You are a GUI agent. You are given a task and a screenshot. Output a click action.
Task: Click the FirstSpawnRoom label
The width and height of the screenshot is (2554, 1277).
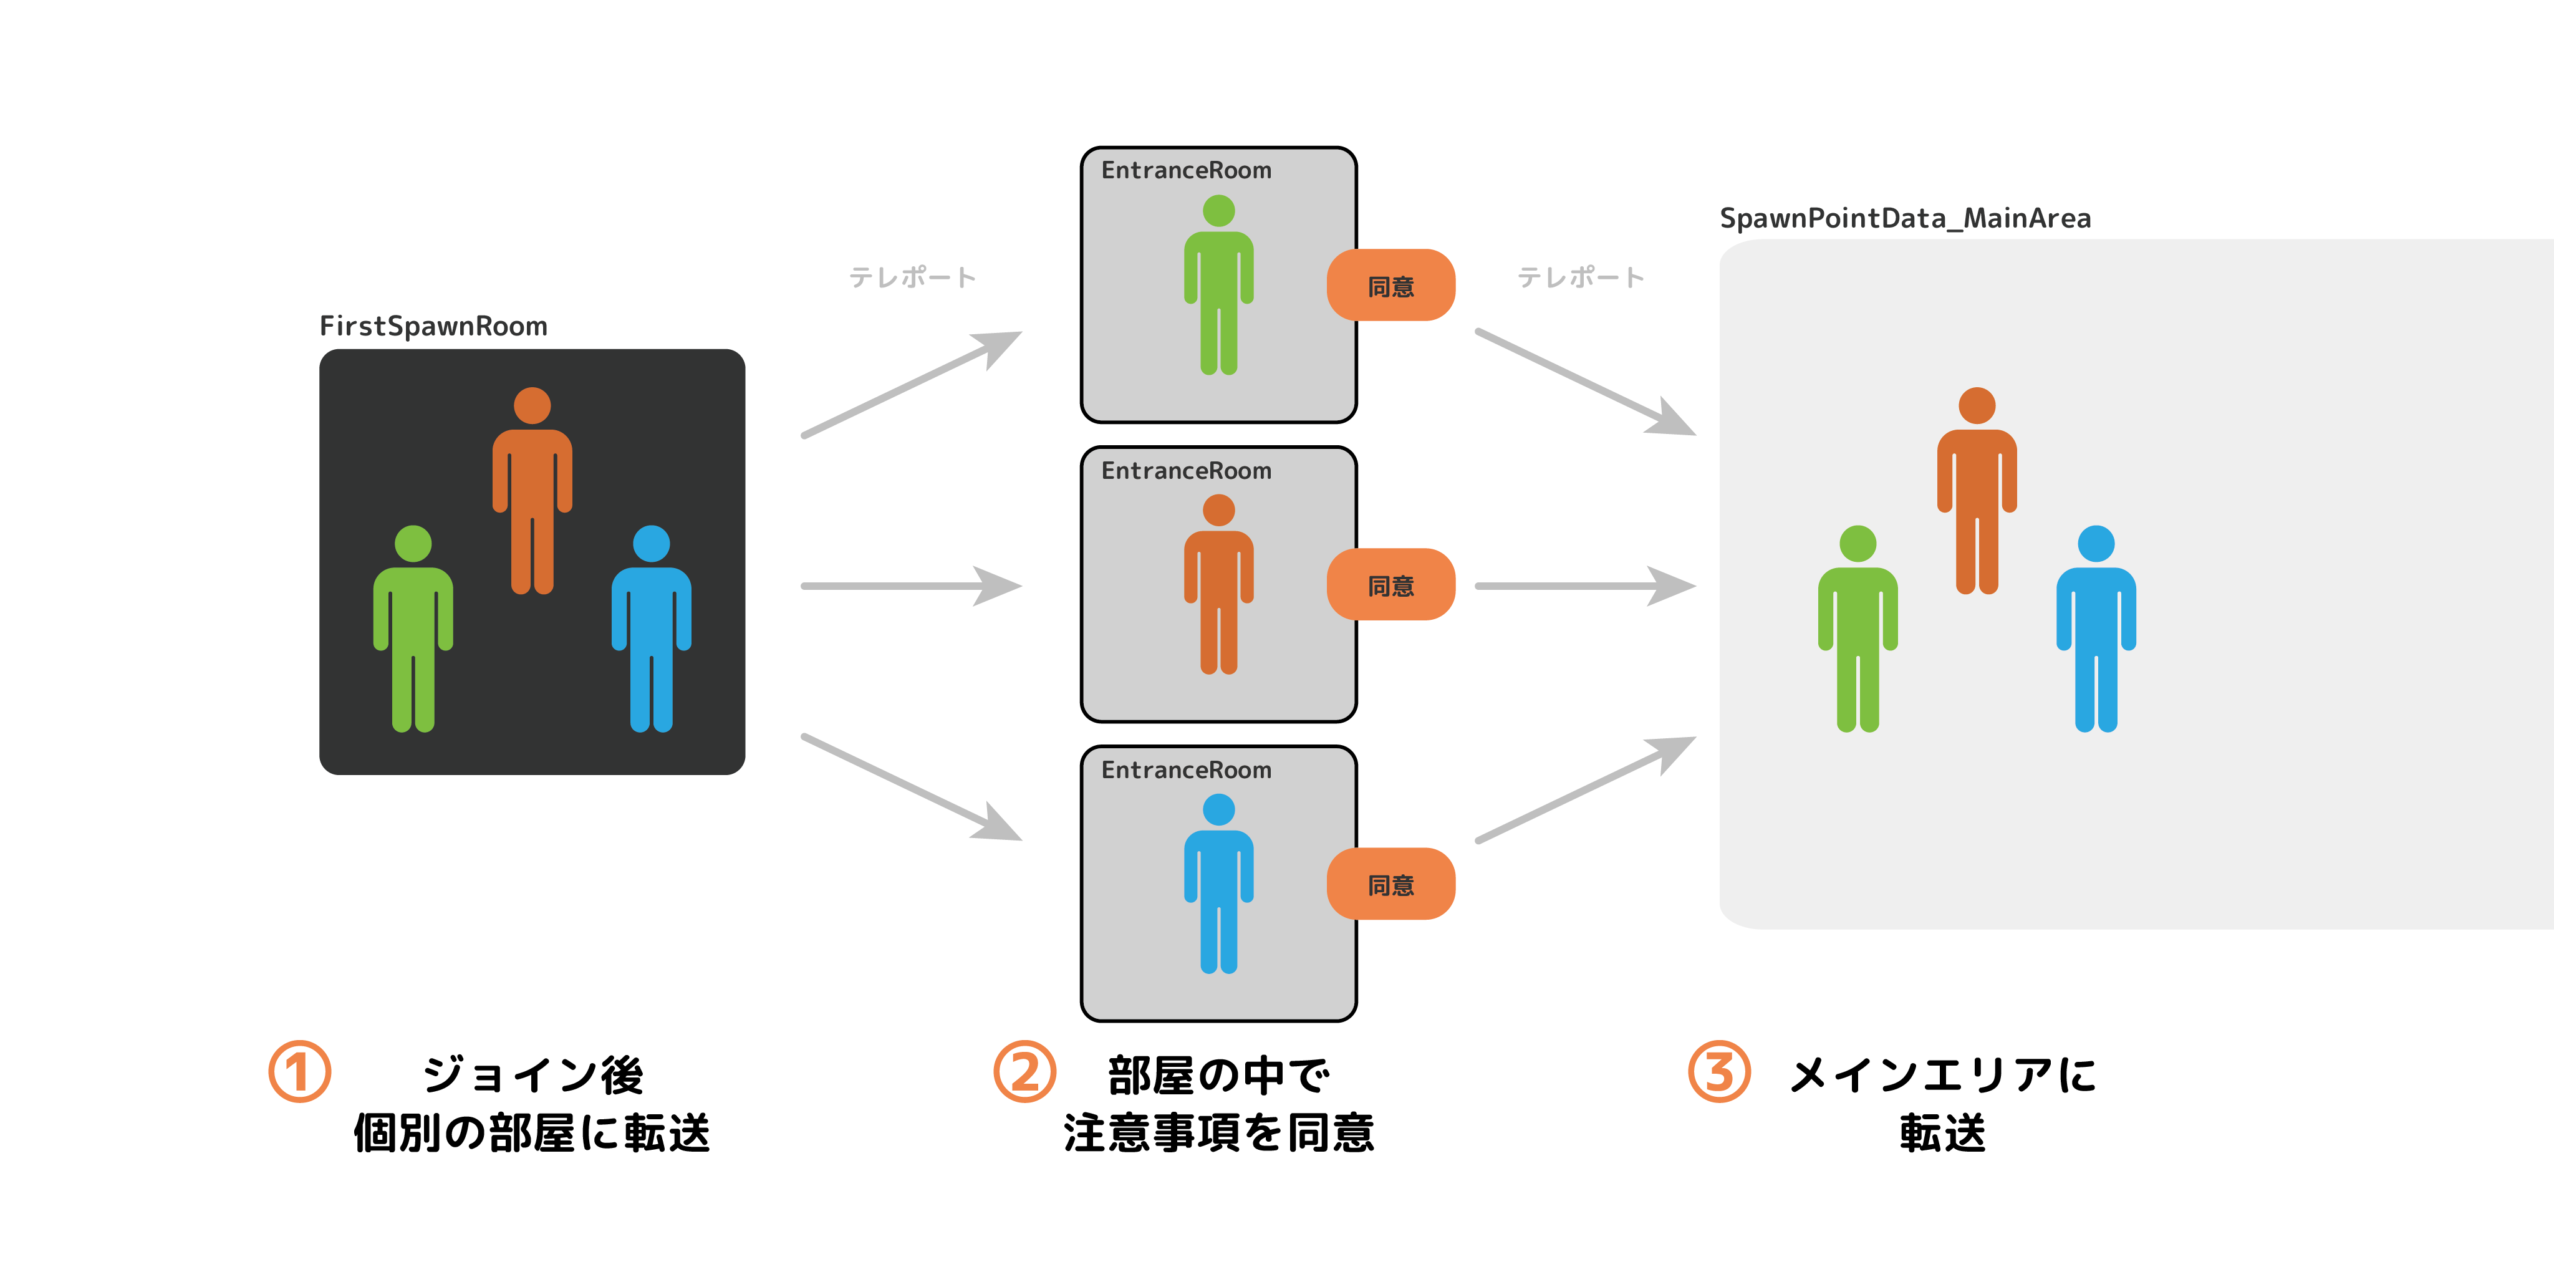(x=433, y=326)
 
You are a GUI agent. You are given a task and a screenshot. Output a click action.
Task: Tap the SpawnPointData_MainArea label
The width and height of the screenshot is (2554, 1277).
(x=1905, y=218)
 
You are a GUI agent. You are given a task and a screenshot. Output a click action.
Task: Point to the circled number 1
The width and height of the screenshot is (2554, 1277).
(x=299, y=1072)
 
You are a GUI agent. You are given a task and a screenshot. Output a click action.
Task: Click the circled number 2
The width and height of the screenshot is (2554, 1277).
(x=1024, y=1072)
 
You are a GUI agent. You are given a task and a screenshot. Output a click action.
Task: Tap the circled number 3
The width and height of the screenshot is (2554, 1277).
(x=1719, y=1072)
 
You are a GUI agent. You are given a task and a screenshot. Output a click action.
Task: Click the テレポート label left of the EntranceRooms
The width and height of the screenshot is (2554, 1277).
(x=913, y=277)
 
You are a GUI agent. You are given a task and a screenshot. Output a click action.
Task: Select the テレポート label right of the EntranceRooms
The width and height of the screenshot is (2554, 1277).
(x=1581, y=277)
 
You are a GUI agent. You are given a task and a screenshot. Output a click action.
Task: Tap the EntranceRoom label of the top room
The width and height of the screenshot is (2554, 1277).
(x=1186, y=170)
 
